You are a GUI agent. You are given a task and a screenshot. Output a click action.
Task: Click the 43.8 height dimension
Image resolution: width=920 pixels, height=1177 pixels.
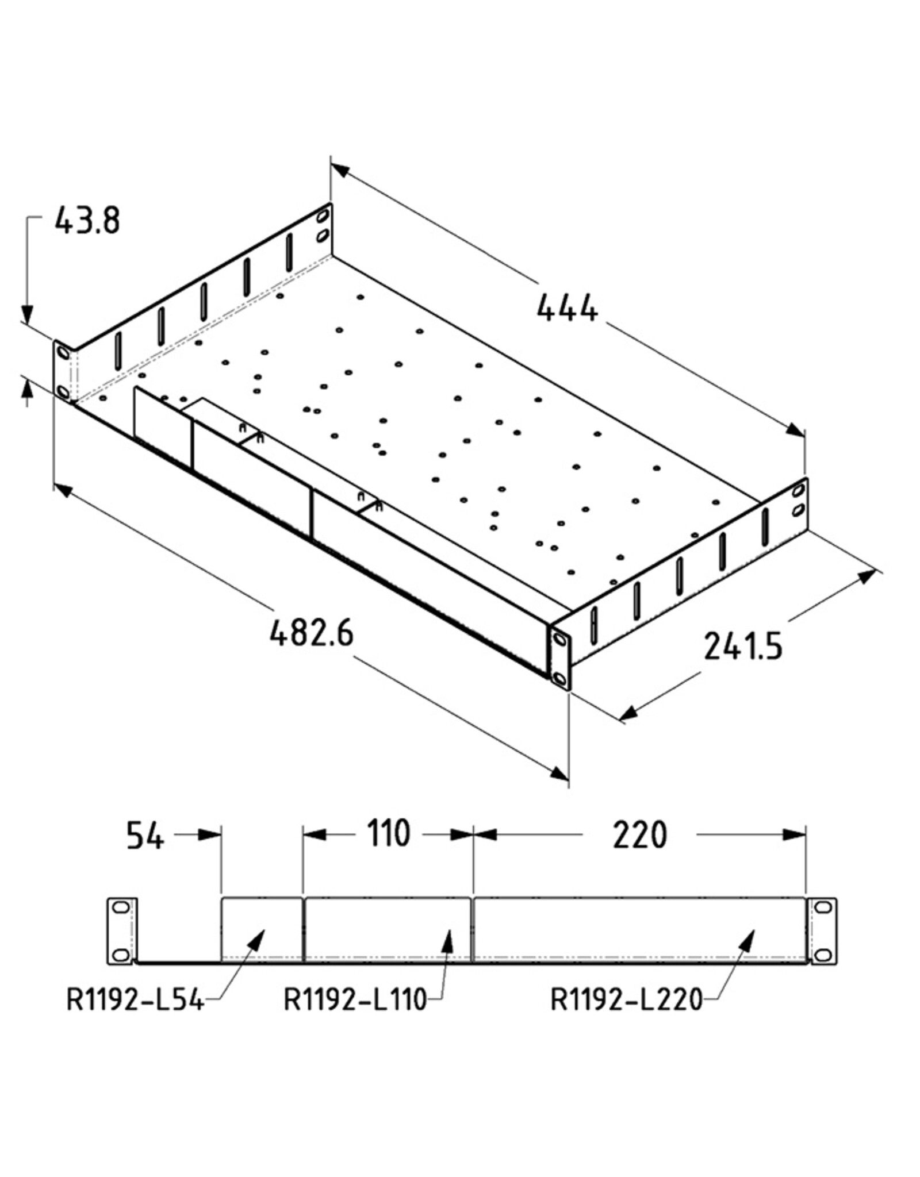pyautogui.click(x=87, y=221)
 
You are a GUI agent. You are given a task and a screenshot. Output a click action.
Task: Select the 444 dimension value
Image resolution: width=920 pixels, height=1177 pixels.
pyautogui.click(x=568, y=308)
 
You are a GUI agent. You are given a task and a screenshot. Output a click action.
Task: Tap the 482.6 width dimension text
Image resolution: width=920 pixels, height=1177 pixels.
pyautogui.click(x=311, y=633)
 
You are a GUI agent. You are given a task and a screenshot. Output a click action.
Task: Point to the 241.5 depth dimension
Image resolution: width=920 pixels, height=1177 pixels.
pyautogui.click(x=743, y=645)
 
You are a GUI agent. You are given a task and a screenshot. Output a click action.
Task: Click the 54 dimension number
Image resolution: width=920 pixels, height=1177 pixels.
pyautogui.click(x=145, y=835)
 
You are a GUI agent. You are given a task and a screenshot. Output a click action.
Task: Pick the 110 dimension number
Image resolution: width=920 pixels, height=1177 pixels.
pyautogui.click(x=389, y=833)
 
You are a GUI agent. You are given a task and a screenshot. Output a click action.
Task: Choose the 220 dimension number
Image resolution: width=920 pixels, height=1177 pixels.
pyautogui.click(x=639, y=835)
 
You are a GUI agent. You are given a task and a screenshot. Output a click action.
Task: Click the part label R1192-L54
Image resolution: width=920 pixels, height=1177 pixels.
pyautogui.click(x=136, y=1000)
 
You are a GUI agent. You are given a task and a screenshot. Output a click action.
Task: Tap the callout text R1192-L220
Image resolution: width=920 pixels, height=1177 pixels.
pyautogui.click(x=627, y=1000)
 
